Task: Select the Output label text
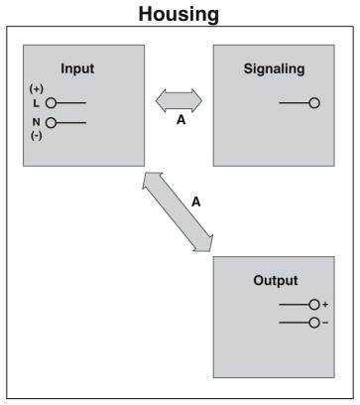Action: click(275, 281)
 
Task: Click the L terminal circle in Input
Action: click(51, 102)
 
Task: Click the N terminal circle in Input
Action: click(51, 123)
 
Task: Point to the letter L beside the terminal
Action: click(36, 102)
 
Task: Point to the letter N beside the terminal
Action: click(36, 123)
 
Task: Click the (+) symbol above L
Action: click(37, 89)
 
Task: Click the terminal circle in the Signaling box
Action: click(314, 103)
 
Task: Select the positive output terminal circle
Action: click(313, 305)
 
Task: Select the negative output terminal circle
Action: click(313, 323)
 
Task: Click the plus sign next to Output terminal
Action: click(325, 305)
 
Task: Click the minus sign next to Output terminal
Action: click(325, 323)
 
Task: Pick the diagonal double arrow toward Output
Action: click(179, 209)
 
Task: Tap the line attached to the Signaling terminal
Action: click(294, 103)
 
